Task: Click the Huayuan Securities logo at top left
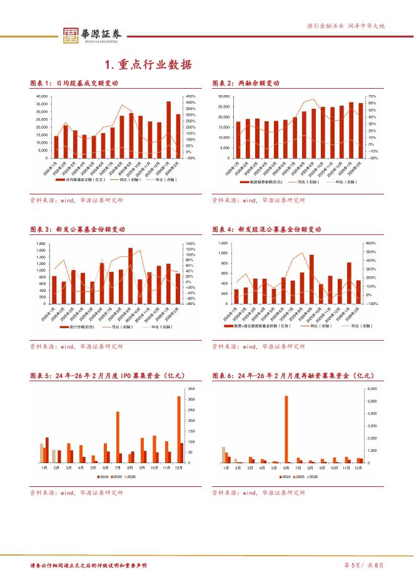coord(90,36)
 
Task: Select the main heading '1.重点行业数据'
coord(148,65)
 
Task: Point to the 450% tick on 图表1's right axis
coord(191,97)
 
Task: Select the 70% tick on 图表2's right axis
coord(372,97)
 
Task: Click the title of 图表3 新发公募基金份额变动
coord(78,230)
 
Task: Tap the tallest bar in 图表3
coord(131,276)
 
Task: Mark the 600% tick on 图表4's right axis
coord(370,243)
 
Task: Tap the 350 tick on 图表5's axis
coord(191,389)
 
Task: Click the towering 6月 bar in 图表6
coord(286,429)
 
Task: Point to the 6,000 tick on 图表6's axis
coord(372,389)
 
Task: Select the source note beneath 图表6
coord(258,492)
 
